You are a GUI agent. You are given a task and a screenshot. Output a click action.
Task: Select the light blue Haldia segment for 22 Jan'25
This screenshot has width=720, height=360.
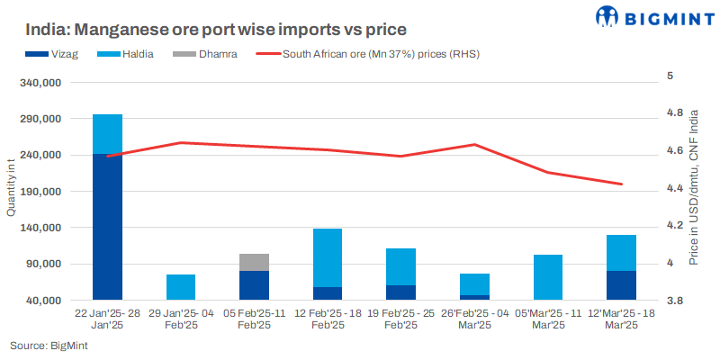(x=108, y=134)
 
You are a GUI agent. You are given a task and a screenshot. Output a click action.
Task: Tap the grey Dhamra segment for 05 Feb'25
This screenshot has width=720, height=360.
(x=255, y=262)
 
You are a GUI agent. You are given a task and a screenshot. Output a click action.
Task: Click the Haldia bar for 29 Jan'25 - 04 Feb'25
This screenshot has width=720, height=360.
(x=181, y=287)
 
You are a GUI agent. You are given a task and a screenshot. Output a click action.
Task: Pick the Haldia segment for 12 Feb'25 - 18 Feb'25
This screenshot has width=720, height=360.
(x=328, y=257)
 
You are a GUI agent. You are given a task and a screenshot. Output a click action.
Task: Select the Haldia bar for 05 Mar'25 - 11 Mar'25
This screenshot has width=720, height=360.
(x=548, y=277)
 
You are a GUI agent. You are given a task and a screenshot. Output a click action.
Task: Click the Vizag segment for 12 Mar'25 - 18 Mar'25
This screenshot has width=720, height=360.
(x=622, y=285)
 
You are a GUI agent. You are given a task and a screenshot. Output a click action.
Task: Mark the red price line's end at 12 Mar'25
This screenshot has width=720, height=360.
(x=622, y=184)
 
